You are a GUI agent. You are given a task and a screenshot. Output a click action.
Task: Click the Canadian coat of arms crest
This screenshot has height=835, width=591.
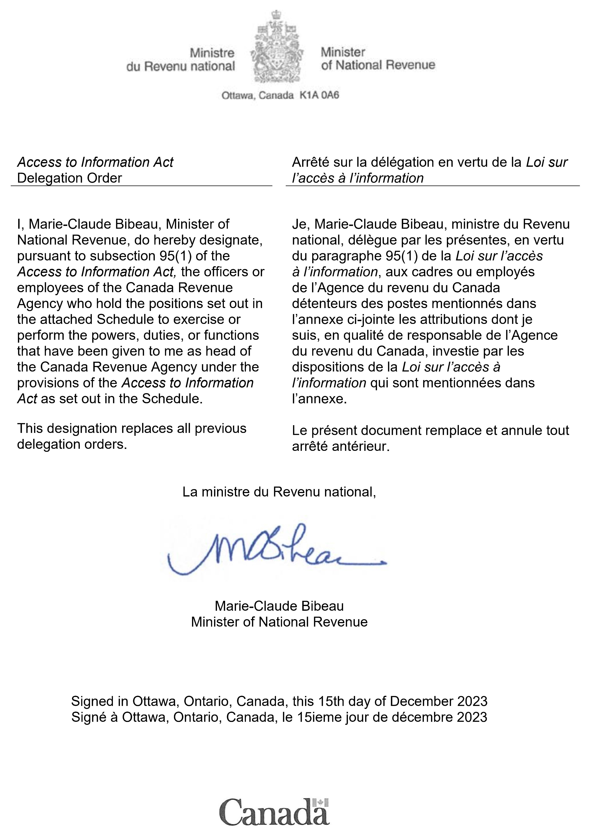pos(277,47)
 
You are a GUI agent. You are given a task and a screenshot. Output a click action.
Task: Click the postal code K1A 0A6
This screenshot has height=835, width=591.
pos(319,95)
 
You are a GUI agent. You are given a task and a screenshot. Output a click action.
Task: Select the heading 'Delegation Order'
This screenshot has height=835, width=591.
pos(70,178)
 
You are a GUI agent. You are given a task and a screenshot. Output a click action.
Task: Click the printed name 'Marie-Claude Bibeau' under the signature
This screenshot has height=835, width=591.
pos(279,606)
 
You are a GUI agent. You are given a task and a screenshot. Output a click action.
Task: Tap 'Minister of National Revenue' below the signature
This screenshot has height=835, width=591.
pos(279,622)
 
